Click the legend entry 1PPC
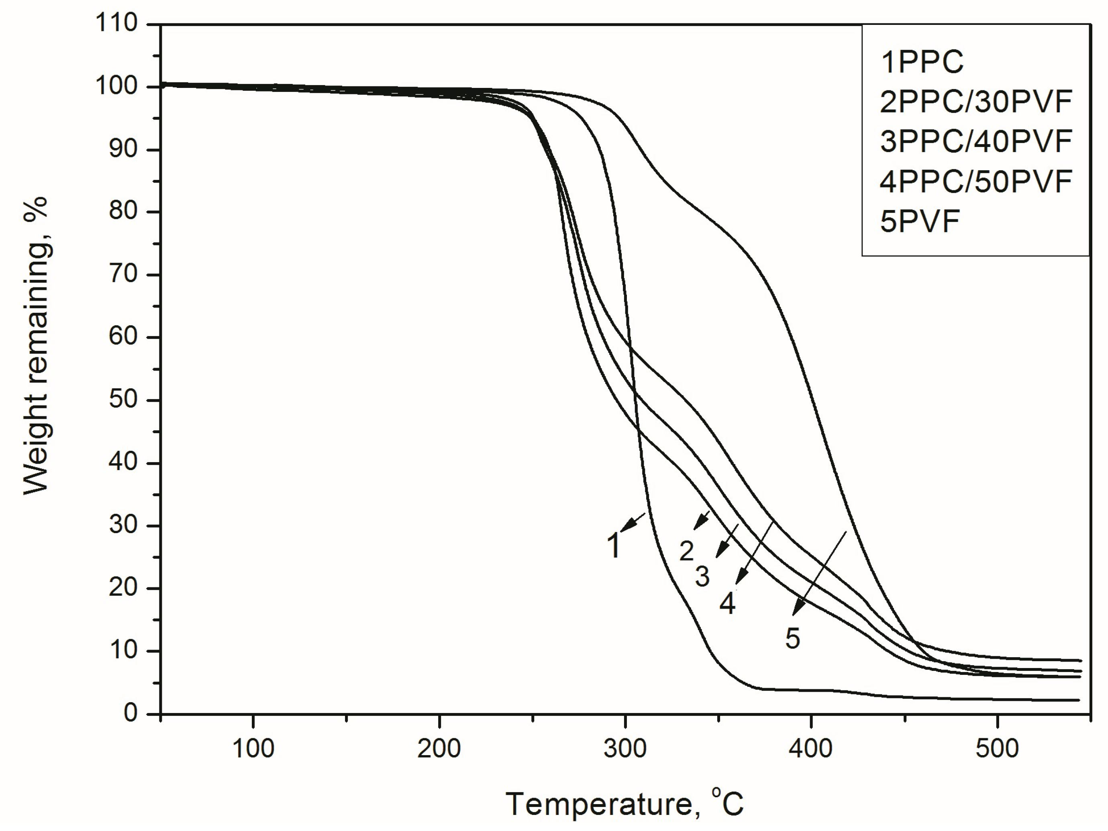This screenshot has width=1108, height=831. coord(922,63)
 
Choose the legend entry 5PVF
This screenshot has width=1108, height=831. coord(920,221)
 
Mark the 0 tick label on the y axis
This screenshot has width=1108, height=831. coord(130,713)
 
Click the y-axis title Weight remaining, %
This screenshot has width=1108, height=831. coord(36,345)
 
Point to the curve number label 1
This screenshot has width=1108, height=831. coord(614,545)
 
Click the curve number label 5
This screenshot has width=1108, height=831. coord(792,638)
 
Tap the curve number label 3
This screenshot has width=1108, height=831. coord(702,577)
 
